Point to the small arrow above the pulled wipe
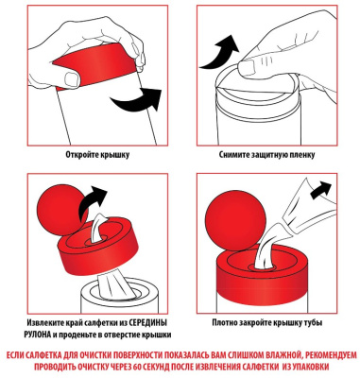[320, 190]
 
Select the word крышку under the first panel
[116, 155]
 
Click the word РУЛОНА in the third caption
[37, 335]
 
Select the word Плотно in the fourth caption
[224, 323]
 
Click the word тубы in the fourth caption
[314, 323]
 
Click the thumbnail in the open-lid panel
[72, 77]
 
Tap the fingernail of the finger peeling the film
[247, 67]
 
